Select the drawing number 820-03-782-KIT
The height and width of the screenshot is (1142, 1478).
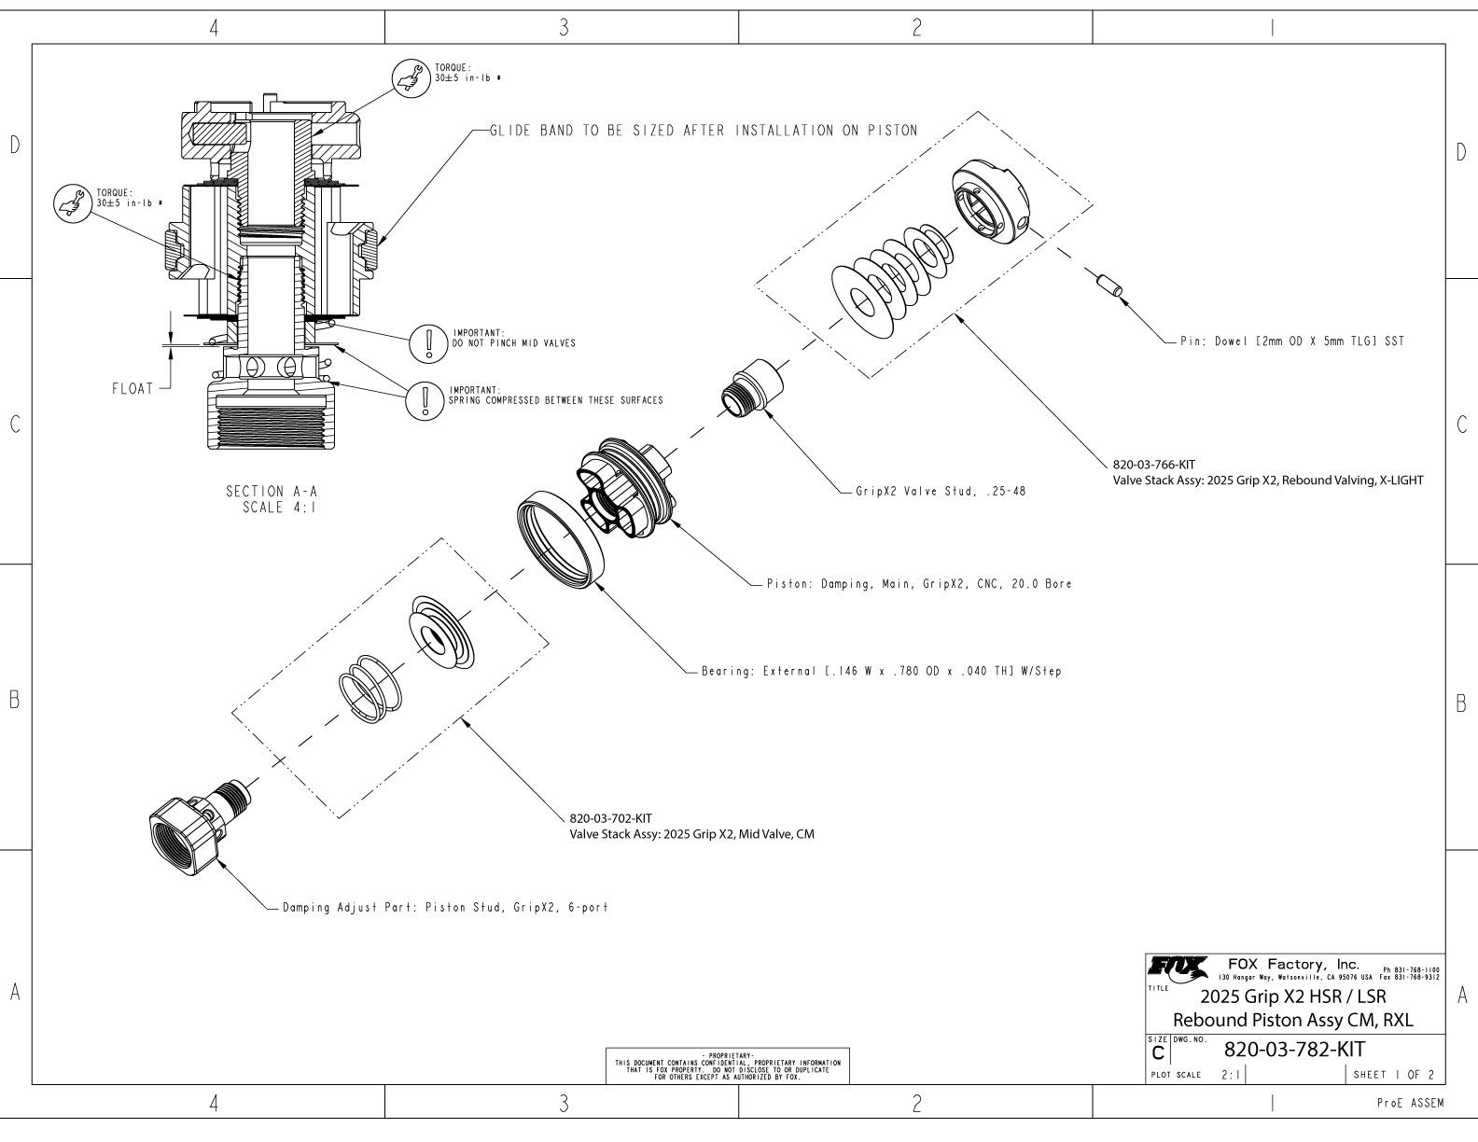(1293, 1049)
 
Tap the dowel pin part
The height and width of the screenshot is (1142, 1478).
(1108, 284)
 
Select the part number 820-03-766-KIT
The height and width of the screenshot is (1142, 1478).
(1154, 464)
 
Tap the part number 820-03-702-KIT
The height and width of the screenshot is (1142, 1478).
(611, 818)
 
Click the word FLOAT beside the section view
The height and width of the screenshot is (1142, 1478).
(132, 388)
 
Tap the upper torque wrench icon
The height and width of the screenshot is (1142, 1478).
(408, 76)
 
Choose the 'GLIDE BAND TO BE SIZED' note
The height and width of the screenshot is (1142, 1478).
(703, 131)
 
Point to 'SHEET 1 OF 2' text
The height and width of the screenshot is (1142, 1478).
(1393, 1074)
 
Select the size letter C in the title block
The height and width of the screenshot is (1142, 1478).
(1158, 1053)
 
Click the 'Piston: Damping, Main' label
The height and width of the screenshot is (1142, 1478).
(918, 584)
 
